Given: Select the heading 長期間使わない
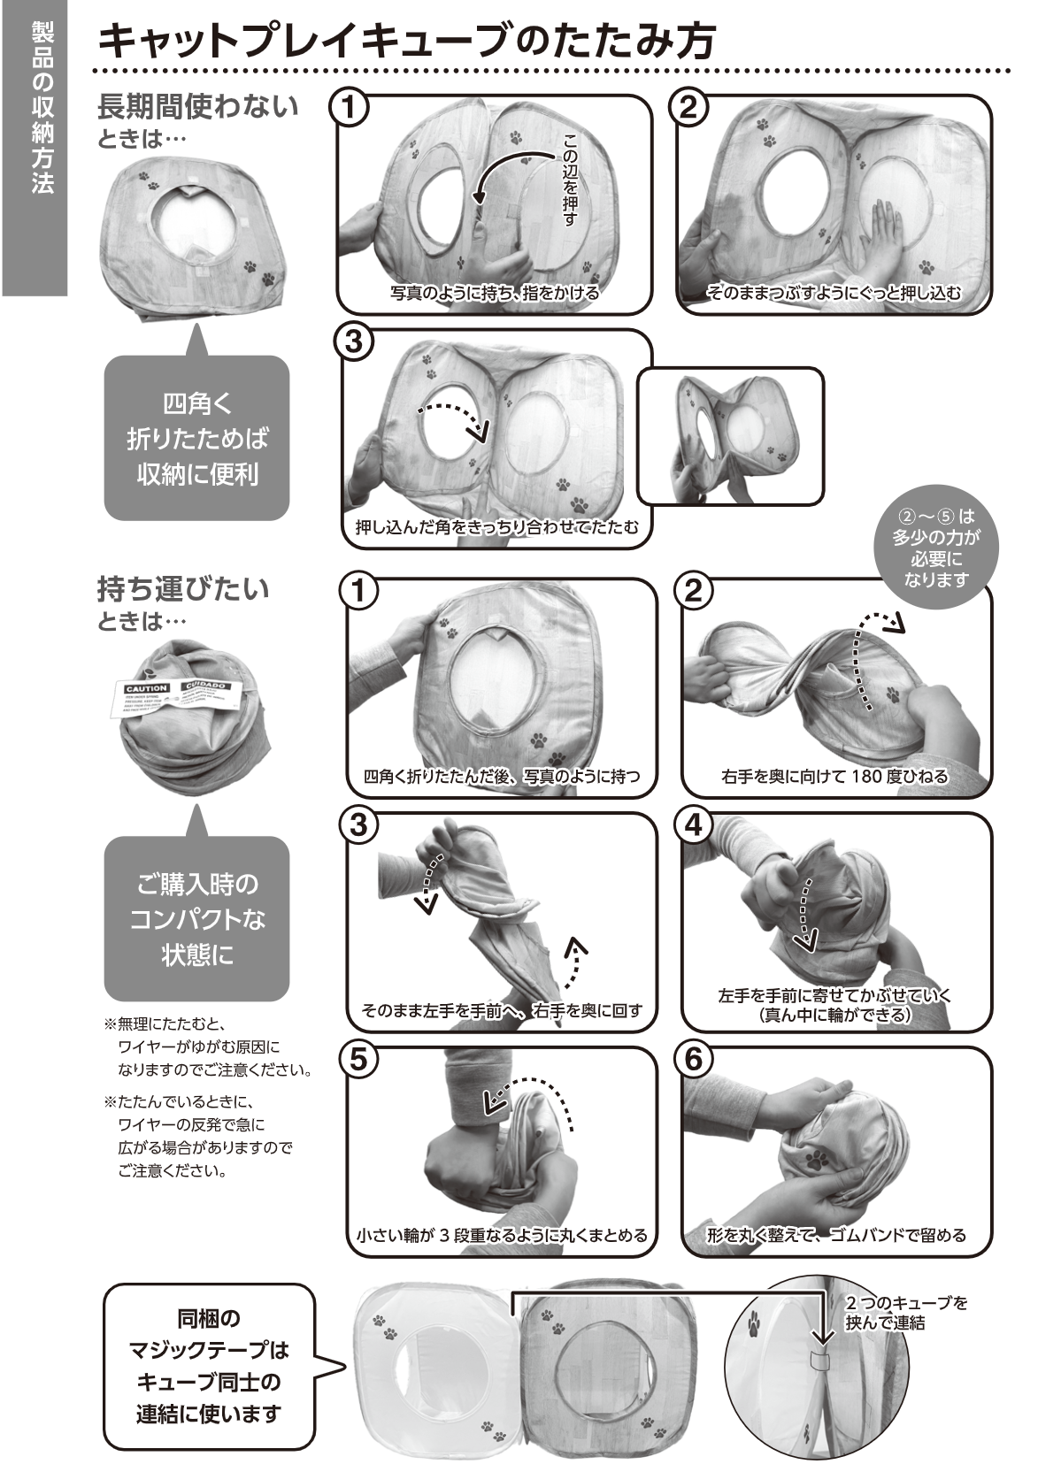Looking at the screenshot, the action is (197, 106).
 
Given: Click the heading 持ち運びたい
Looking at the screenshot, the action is (183, 588).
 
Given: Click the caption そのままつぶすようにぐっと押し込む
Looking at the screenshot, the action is (834, 293).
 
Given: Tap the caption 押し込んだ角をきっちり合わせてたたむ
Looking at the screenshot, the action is (497, 526).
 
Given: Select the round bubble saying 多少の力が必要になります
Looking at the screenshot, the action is (935, 548).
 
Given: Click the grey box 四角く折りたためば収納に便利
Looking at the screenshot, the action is (196, 438).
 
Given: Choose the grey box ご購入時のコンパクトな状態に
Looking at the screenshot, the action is (196, 919).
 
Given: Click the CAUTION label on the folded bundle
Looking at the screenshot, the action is (148, 688).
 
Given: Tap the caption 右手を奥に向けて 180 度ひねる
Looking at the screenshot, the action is (834, 776).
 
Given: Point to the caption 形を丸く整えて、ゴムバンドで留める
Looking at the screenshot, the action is (836, 1236).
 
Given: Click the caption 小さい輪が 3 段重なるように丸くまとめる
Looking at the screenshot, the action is (502, 1236).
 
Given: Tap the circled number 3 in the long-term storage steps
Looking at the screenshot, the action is (354, 341).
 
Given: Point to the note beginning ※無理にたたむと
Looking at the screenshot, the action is (207, 1046).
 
